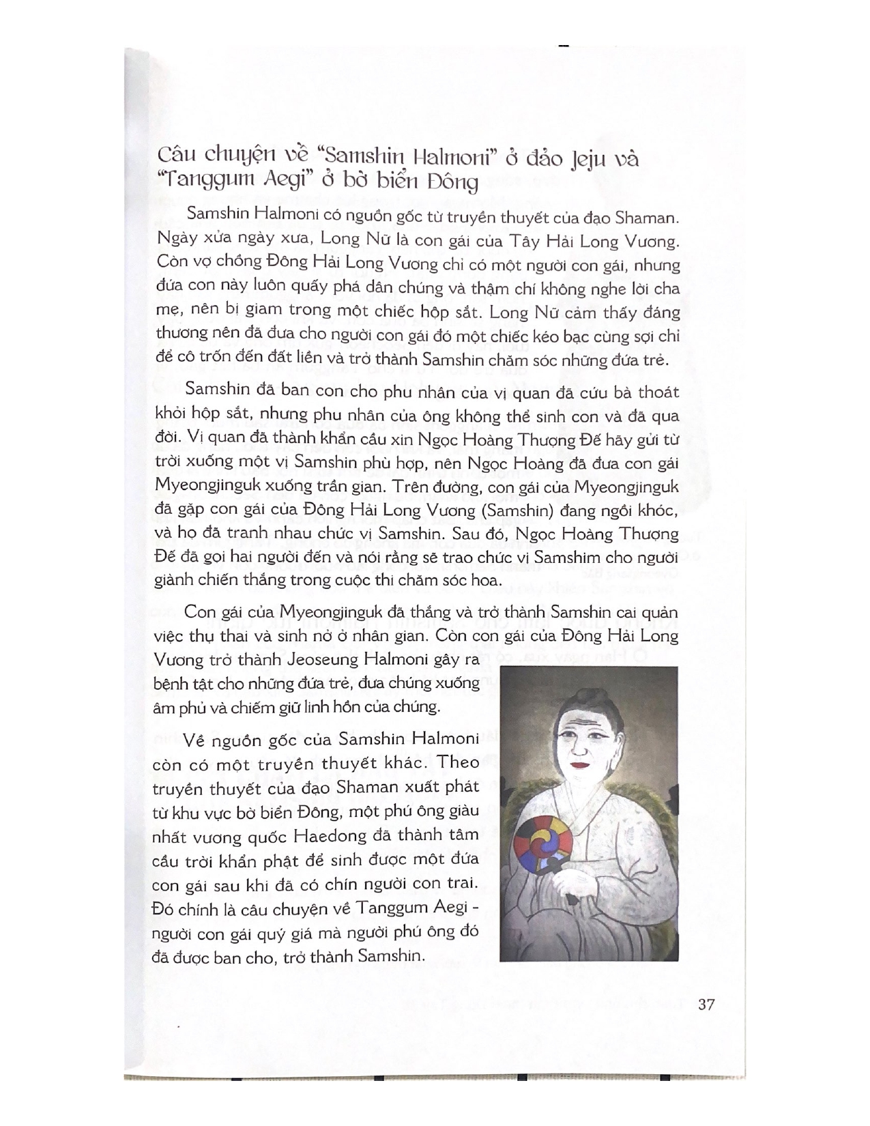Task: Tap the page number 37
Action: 706,1004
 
